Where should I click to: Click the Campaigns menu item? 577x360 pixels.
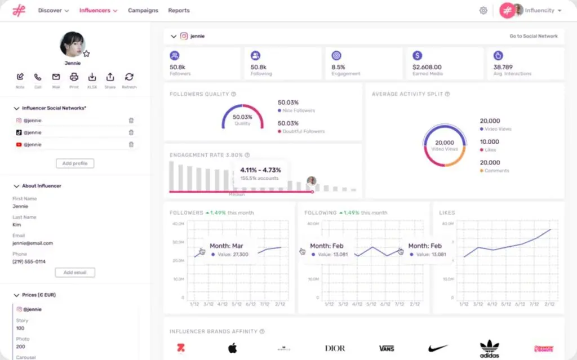(x=143, y=10)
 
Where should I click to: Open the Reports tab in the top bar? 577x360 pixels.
(x=179, y=10)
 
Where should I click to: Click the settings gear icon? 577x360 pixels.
(x=483, y=10)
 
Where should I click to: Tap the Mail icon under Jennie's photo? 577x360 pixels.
(x=56, y=77)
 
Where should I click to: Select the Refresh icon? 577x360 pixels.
(x=129, y=77)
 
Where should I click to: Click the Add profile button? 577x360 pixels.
(x=75, y=163)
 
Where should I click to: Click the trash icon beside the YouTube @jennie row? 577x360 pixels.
(x=131, y=145)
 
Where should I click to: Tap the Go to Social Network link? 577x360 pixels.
(x=533, y=36)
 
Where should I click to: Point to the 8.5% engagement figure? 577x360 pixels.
(x=338, y=67)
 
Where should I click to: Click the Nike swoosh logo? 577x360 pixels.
(x=438, y=348)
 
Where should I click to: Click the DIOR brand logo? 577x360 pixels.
(x=335, y=348)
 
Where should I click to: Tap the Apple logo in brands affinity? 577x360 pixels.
(x=232, y=348)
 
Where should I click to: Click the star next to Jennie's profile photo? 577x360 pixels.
(x=87, y=54)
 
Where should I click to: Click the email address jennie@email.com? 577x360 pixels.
(x=33, y=243)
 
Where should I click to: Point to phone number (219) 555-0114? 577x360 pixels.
(x=29, y=261)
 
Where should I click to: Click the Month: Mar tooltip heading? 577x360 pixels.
(x=227, y=246)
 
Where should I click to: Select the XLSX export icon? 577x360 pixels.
(x=92, y=77)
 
